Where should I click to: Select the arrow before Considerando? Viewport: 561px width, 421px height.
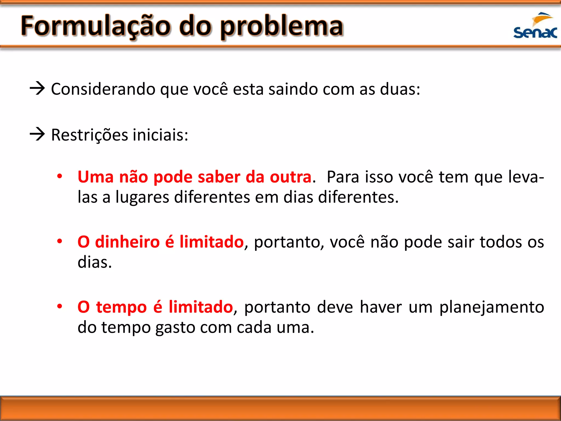[37, 89]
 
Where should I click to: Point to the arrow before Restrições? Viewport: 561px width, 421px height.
[37, 134]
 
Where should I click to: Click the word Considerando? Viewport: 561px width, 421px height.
[103, 89]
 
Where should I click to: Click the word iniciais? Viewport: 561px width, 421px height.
[160, 135]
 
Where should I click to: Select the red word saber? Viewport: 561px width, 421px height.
[219, 177]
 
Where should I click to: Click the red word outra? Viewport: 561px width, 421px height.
[291, 177]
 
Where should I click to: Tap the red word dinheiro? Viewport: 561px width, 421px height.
[127, 242]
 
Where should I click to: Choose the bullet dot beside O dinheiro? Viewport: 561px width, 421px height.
[59, 241]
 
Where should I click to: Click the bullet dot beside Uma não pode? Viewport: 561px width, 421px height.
[59, 176]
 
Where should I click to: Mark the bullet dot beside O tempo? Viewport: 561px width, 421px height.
[59, 306]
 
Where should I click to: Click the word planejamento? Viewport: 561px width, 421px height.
[492, 307]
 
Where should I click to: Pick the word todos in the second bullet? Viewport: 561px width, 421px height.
[501, 242]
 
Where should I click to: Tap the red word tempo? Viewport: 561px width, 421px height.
[121, 307]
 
